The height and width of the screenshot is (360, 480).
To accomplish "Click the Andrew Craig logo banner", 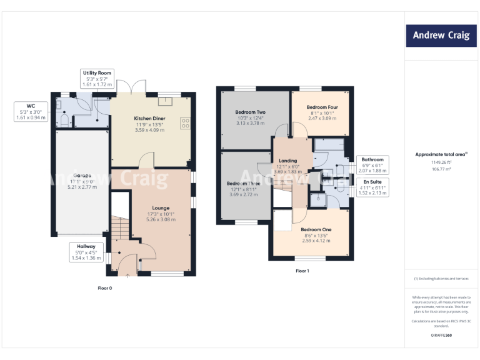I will (x=441, y=35).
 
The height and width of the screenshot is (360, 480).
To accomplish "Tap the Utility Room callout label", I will (x=96, y=78).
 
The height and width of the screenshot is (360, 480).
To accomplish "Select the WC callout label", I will (x=31, y=111).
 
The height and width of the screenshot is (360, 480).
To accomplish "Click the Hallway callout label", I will (x=86, y=252).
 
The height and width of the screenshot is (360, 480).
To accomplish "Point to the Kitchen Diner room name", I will (x=150, y=118).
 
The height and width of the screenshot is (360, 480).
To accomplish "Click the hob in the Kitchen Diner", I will (x=186, y=123).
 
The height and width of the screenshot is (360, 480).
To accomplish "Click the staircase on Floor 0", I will (x=120, y=231).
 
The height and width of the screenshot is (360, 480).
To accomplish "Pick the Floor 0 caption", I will (x=106, y=288).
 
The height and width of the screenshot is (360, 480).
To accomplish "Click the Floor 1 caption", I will (x=302, y=271).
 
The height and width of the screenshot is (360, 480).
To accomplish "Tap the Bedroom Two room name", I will (x=250, y=112).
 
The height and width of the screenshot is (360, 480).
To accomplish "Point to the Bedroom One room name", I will (x=318, y=229).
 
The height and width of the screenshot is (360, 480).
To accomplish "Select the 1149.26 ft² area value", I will (x=441, y=161).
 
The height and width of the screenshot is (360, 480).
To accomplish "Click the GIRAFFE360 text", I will (x=441, y=336).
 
